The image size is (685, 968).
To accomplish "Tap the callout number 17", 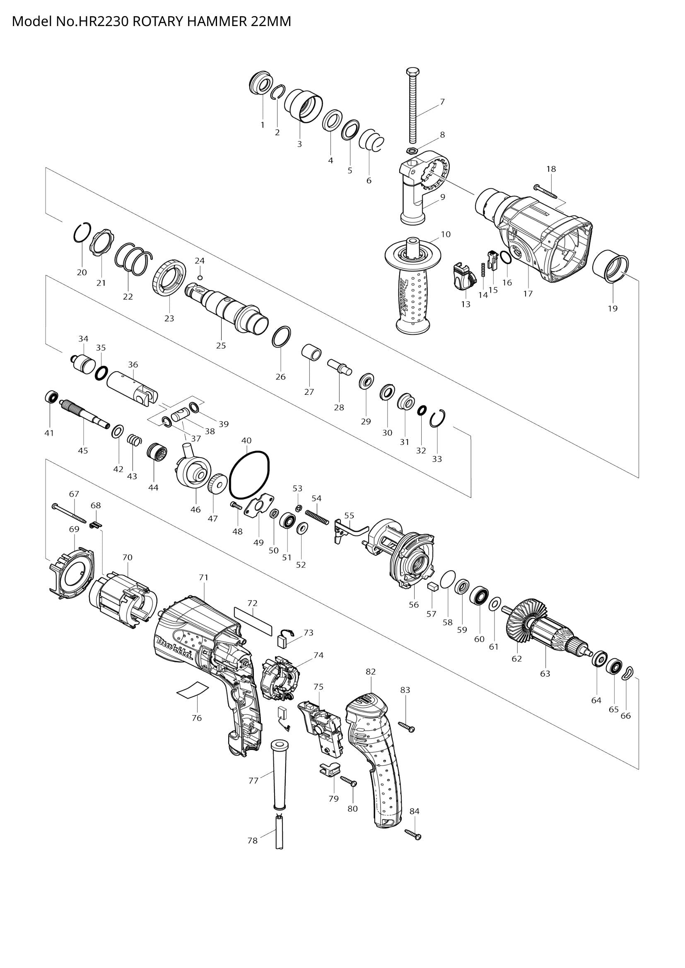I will click(528, 294).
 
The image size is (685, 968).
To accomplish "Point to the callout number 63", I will click(545, 674).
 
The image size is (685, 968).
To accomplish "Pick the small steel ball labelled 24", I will click(200, 277).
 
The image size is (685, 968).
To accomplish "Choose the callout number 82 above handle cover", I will click(371, 672).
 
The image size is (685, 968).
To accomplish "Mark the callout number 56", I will click(414, 605).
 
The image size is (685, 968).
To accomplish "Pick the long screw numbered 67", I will click(69, 512).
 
